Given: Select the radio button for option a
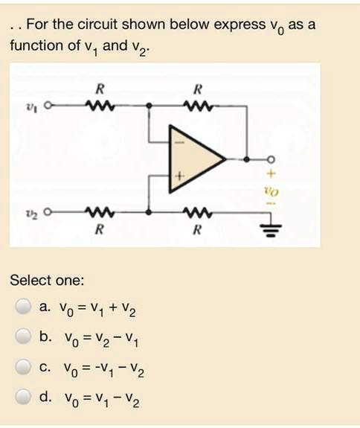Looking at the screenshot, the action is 22,306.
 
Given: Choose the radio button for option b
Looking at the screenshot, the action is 22,336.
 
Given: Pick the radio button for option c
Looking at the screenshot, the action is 22,366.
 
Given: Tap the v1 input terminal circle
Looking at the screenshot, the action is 48,105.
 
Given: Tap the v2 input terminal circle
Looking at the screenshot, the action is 48,211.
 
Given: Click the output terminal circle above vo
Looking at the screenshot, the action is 271,159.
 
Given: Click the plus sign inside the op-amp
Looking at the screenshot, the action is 179,175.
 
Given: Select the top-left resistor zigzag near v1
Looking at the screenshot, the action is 100,105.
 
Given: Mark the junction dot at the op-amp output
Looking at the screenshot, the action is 246,159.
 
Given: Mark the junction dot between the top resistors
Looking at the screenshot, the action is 149,105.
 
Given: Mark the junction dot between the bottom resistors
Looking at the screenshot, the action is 149,212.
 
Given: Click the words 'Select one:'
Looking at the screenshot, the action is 47,281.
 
